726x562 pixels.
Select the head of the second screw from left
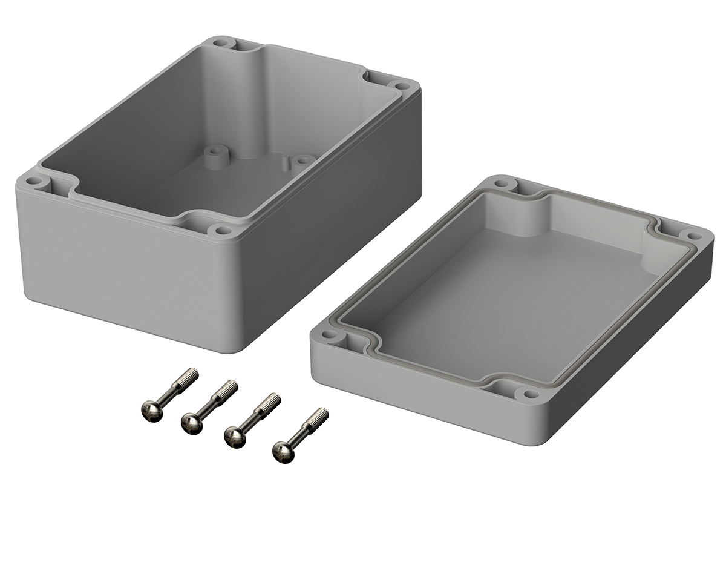click(x=191, y=423)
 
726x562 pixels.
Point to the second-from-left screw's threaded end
click(x=229, y=386)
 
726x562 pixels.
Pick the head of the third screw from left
click(x=234, y=436)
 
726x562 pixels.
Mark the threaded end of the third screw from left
click(x=273, y=399)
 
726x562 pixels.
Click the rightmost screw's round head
click(x=283, y=451)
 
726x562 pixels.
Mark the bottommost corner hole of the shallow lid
click(x=531, y=394)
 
